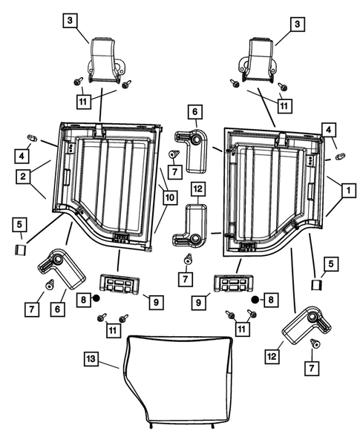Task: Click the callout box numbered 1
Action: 348,191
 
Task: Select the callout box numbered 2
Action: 23,176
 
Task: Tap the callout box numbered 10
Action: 170,197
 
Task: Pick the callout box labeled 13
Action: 91,358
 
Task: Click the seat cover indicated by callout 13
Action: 178,384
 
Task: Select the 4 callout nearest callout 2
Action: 22,156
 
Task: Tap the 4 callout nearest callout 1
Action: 329,130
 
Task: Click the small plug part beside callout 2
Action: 32,138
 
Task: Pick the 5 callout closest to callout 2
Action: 19,225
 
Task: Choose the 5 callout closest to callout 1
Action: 331,264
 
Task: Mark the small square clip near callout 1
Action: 316,285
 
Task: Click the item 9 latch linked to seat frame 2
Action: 119,283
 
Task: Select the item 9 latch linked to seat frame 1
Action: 233,283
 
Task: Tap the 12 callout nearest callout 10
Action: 197,188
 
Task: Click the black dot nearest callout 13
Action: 96,298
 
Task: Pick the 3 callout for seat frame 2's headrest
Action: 70,20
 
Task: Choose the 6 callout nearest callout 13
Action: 58,309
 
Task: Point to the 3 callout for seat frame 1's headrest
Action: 297,24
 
